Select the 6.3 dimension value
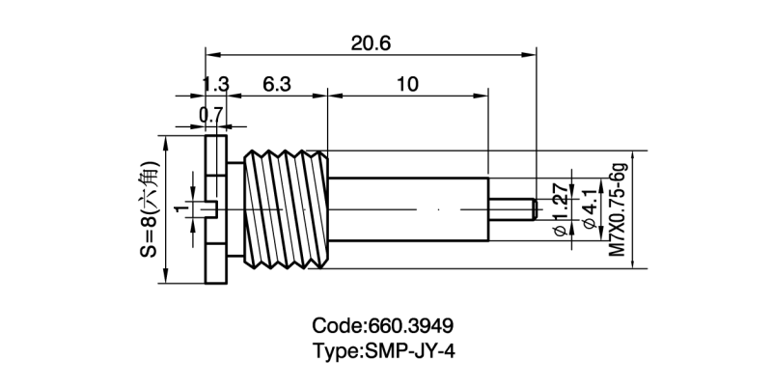tap(276, 84)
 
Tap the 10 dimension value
tap(407, 84)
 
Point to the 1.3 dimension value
tap(215, 84)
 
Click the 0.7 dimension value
tap(209, 115)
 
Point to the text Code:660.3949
tap(383, 325)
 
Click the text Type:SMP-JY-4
tap(383, 350)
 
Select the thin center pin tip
tap(512, 208)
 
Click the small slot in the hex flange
tap(214, 208)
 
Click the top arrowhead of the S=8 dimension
tap(166, 141)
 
